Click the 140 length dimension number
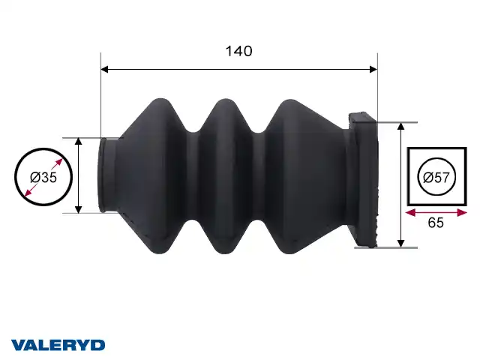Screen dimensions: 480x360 [x=238, y=51]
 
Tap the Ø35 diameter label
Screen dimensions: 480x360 [x=43, y=177]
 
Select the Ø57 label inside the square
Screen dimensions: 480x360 [x=436, y=177]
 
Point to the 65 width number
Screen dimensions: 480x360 [x=436, y=223]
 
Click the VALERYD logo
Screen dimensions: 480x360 [x=58, y=345]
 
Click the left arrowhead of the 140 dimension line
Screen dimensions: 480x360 [x=105, y=70]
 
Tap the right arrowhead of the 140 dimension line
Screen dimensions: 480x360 [x=373, y=70]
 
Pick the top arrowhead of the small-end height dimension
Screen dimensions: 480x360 [x=78, y=142]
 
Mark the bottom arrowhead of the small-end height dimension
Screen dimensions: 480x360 [x=78, y=209]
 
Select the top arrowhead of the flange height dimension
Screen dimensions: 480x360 [x=400, y=127]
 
